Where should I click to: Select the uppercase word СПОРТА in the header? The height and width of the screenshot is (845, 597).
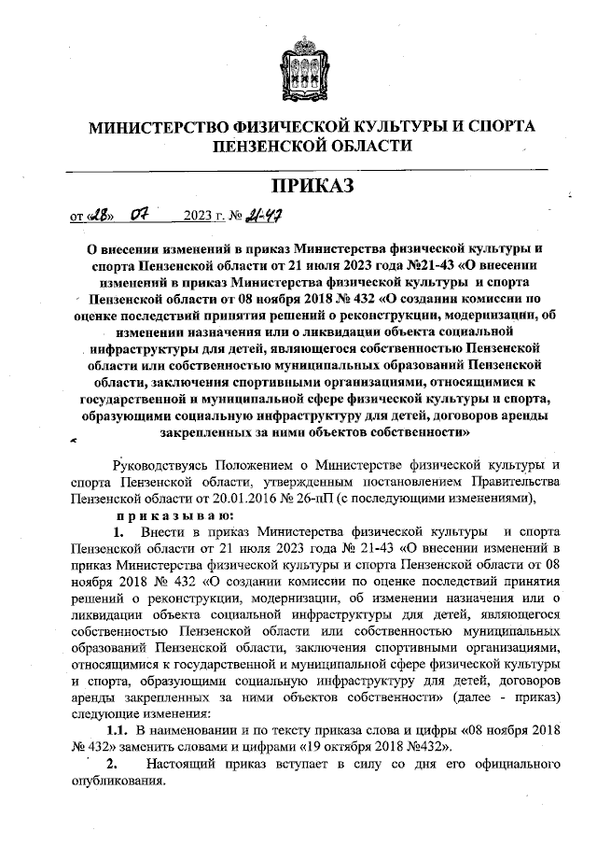tap(494, 126)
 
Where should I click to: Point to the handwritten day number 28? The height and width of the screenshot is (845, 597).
tap(99, 218)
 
